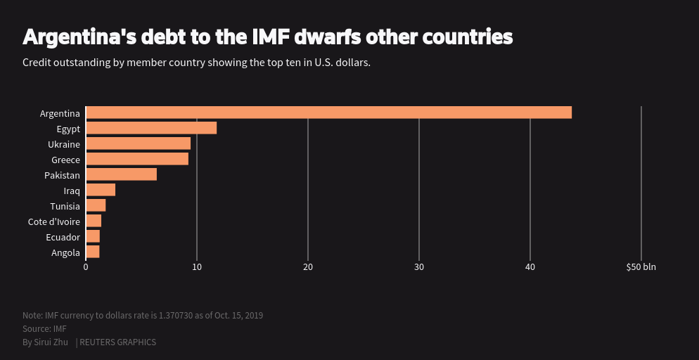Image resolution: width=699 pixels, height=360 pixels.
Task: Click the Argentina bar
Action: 328,112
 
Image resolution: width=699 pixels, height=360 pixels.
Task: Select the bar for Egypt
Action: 151,128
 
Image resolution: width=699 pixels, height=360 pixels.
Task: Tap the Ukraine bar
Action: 138,143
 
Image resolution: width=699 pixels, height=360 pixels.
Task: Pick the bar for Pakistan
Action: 121,174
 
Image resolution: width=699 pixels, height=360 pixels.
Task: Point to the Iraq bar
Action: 101,190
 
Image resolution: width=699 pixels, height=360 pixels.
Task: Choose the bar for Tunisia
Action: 96,205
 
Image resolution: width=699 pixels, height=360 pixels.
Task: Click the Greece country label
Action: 65,160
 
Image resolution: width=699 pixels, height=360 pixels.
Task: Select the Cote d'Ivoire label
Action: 54,221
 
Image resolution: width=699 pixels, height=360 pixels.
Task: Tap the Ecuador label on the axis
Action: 63,237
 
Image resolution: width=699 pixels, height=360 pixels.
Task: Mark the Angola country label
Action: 65,252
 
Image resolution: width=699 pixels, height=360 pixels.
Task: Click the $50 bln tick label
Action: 641,267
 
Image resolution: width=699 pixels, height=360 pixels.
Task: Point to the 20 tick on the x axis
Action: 308,267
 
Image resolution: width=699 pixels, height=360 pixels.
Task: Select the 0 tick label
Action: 86,267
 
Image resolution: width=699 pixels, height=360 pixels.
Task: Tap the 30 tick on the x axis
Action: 419,267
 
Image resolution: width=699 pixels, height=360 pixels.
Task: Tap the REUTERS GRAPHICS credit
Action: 117,342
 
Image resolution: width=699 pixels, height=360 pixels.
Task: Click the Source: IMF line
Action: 44,329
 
